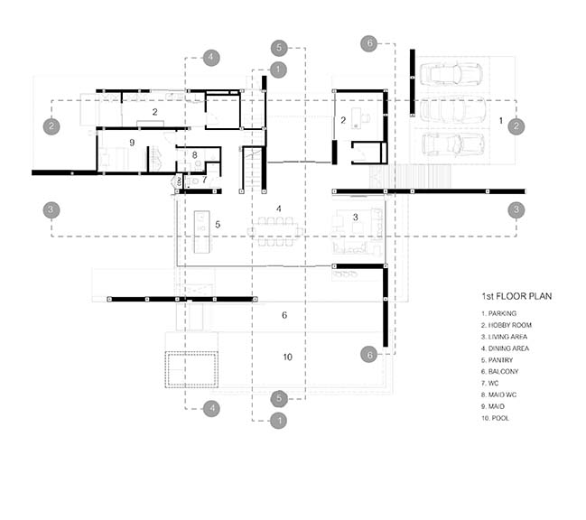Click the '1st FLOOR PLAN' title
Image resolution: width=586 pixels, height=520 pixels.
click(516, 296)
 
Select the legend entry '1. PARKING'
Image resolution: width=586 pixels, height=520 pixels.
click(498, 313)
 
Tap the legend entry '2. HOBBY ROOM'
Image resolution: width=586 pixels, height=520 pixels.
click(506, 325)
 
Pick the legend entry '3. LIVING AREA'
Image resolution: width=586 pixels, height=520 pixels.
click(504, 337)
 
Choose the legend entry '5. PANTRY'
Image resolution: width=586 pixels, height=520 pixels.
click(497, 360)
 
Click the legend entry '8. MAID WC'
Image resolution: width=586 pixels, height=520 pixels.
click(498, 395)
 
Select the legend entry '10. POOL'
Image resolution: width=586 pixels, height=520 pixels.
click(495, 418)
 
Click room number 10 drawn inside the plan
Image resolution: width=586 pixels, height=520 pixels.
click(287, 357)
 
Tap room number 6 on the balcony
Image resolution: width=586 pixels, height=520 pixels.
click(284, 315)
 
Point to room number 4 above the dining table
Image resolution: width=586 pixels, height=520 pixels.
click(278, 209)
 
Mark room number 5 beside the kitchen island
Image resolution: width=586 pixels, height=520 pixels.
click(218, 225)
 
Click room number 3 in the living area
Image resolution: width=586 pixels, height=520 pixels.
click(356, 217)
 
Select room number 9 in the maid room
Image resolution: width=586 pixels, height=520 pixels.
click(132, 143)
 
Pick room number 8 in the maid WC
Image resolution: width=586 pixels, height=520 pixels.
click(195, 154)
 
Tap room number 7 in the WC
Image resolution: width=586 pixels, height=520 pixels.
click(204, 180)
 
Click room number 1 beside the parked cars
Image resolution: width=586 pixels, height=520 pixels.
click(501, 121)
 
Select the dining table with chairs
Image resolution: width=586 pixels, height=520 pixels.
click(275, 232)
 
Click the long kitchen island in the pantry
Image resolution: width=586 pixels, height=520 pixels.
click(201, 232)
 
